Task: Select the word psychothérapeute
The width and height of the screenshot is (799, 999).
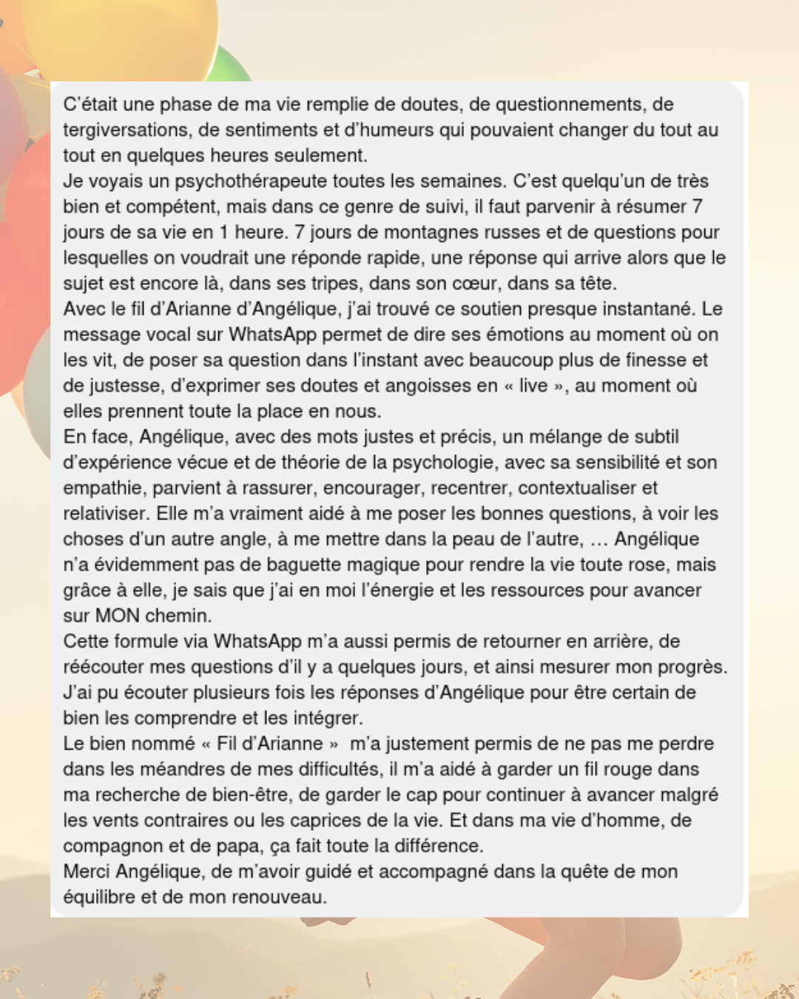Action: click(251, 181)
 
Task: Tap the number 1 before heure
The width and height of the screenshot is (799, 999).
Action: click(223, 232)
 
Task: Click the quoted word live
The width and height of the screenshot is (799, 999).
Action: click(533, 386)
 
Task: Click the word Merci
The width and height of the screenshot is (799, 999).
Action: click(87, 872)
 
